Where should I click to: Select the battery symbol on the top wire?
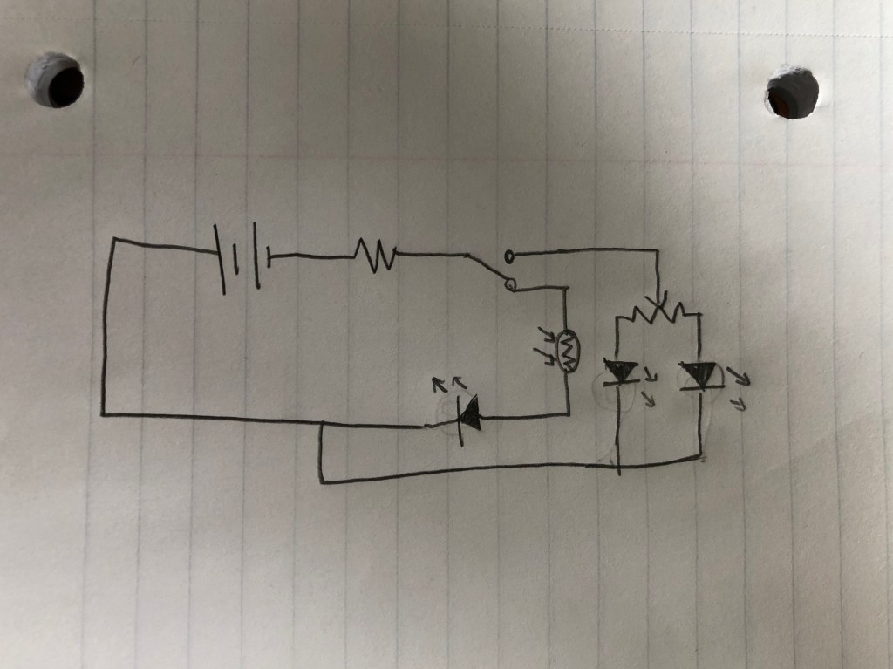pos(242,256)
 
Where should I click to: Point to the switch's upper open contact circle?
pos(509,256)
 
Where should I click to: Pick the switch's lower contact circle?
pos(510,285)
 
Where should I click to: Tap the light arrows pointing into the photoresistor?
pos(546,346)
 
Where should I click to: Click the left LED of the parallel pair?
pos(621,373)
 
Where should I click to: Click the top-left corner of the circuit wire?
pos(113,239)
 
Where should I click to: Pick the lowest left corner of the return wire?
pos(322,480)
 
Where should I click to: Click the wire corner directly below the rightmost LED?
pos(701,456)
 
